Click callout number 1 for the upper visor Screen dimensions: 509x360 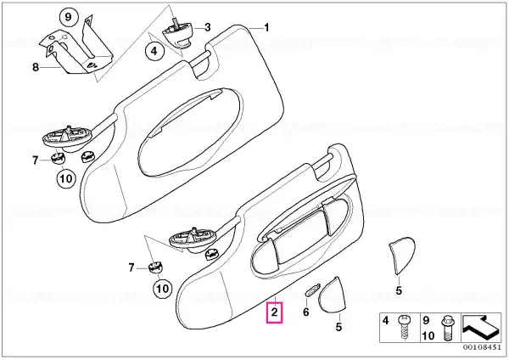[266, 28]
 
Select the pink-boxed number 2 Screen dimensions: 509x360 [275, 312]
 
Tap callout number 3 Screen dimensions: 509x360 [207, 27]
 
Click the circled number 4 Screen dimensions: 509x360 [154, 51]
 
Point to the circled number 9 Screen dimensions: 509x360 [68, 17]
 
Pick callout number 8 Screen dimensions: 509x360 [36, 67]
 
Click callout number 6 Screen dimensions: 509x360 [305, 312]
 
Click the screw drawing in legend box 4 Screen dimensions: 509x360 [405, 327]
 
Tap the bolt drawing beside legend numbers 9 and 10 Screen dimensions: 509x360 [447, 329]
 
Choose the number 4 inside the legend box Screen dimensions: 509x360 [385, 321]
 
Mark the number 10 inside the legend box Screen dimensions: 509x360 [428, 335]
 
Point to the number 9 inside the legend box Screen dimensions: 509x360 [426, 321]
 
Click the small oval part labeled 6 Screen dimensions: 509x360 [312, 290]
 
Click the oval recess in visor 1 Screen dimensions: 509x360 [191, 132]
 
